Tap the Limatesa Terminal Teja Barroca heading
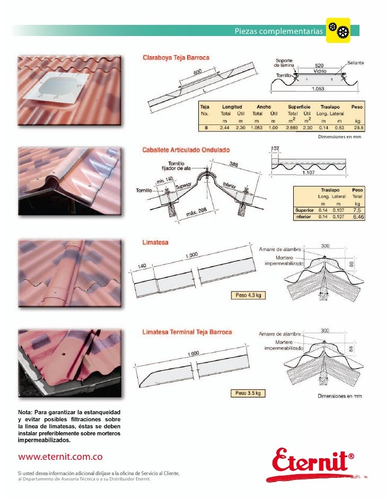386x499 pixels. pos(187,332)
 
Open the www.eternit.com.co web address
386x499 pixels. pos(60,456)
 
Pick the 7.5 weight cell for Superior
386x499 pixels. pos(354,210)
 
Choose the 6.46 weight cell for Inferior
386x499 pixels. pos(355,217)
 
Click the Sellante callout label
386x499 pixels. pos(355,63)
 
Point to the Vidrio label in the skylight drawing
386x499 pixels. pos(320,70)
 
